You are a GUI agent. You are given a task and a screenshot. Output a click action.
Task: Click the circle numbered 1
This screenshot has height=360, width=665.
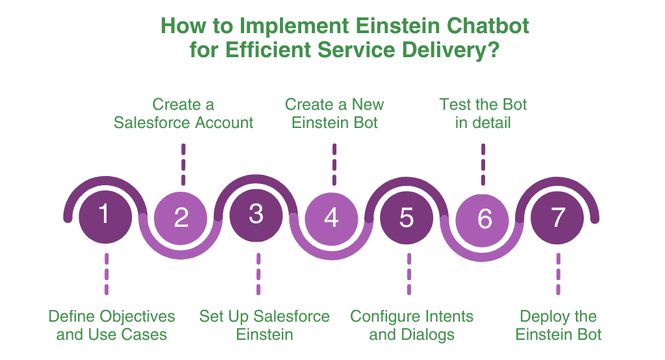[x=105, y=215]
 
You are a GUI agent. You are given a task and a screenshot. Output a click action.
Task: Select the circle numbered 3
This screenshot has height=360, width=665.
[x=257, y=215]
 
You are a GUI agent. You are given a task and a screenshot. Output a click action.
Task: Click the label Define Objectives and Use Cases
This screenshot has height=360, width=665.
[x=112, y=326]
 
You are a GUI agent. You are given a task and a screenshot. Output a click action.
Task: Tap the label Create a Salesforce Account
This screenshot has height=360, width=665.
[x=183, y=113]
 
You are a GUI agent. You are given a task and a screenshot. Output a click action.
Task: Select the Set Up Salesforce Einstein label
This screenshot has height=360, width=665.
[x=264, y=326]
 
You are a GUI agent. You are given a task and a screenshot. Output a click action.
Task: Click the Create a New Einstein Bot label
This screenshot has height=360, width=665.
[x=334, y=113]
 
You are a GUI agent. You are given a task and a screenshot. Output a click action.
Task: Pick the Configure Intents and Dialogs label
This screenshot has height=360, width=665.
[x=412, y=326]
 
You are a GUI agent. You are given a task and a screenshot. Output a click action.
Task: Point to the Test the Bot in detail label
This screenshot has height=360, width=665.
[x=483, y=113]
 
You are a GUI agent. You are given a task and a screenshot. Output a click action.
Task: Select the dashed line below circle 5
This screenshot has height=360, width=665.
[x=409, y=274]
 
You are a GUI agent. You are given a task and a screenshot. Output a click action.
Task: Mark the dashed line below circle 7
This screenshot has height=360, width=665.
[x=558, y=274]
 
